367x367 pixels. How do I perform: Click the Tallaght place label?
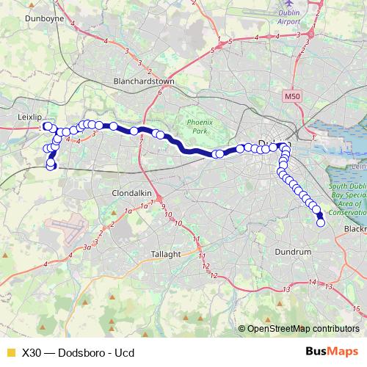pyautogui.click(x=167, y=254)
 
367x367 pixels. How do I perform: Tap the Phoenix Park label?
pyautogui.click(x=198, y=126)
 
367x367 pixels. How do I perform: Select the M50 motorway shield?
pyautogui.click(x=272, y=96)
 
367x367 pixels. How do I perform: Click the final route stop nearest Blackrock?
pyautogui.click(x=320, y=223)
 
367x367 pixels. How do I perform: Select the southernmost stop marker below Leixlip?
pyautogui.click(x=51, y=167)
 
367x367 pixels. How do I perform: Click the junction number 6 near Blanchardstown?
pyautogui.click(x=159, y=92)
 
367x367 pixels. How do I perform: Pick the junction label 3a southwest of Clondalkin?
pyautogui.click(x=87, y=246)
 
